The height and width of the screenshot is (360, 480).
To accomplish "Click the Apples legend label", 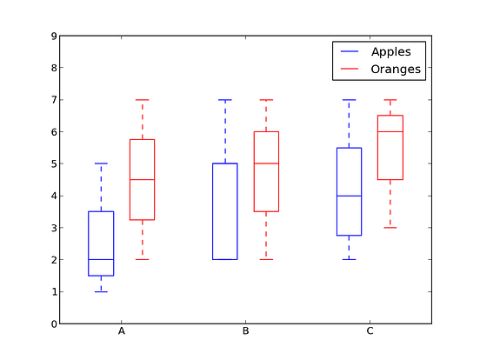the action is (x=391, y=52).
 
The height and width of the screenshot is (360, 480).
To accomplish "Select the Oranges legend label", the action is (x=396, y=70).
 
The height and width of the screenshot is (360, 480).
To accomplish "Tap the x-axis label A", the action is (x=122, y=331).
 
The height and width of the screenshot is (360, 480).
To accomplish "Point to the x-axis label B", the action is (x=245, y=331).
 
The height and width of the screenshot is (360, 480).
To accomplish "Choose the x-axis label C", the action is (x=370, y=331).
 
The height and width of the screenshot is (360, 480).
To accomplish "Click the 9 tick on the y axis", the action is (x=54, y=37).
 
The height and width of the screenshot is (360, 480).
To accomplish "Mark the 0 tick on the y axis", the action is (x=54, y=323).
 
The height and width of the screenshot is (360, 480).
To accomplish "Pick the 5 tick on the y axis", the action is (x=54, y=163).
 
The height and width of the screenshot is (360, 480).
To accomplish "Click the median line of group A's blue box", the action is (x=101, y=260).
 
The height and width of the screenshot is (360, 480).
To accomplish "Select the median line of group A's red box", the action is (x=142, y=180).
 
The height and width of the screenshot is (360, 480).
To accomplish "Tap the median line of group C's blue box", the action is (x=349, y=196).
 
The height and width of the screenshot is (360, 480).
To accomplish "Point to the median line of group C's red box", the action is (x=390, y=131).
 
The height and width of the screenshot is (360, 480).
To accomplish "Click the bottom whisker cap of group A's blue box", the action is (x=101, y=291).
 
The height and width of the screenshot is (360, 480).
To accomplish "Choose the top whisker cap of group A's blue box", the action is (x=101, y=163).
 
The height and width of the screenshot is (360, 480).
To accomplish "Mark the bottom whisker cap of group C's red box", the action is (x=390, y=228).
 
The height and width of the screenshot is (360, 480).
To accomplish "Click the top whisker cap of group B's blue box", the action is (x=225, y=100).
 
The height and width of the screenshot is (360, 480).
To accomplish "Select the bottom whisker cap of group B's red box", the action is (x=266, y=260).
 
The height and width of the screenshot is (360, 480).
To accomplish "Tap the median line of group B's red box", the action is (x=266, y=163).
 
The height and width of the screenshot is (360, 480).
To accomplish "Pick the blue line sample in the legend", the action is (x=350, y=51).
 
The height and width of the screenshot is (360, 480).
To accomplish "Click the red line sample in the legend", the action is (x=350, y=69).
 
